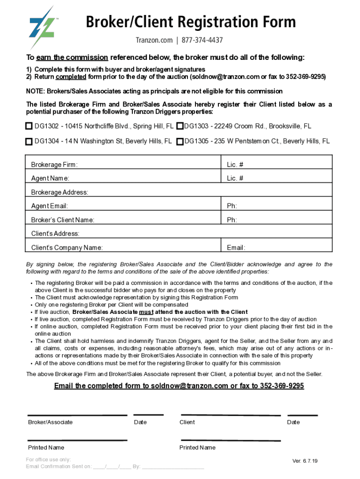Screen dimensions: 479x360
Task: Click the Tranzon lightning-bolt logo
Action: (x=42, y=27)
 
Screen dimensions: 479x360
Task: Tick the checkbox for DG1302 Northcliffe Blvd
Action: (x=29, y=126)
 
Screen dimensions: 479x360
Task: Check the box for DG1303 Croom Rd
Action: (x=180, y=126)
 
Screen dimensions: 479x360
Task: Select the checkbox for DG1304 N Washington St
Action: (x=29, y=141)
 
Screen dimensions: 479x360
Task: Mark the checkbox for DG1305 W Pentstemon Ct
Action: (x=180, y=141)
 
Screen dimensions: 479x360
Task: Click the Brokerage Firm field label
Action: (x=54, y=165)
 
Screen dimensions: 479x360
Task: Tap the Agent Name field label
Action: (x=50, y=178)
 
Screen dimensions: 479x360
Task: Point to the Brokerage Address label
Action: (x=59, y=192)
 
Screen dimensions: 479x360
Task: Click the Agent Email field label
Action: (x=50, y=206)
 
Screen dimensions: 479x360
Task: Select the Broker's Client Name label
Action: (x=63, y=220)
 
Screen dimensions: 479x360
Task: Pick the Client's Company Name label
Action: (x=67, y=248)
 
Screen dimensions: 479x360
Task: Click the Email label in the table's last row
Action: (x=236, y=248)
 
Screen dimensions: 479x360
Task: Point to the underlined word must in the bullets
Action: (x=146, y=312)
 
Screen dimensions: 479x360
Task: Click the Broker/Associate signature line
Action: (x=77, y=415)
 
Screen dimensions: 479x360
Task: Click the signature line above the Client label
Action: (x=230, y=415)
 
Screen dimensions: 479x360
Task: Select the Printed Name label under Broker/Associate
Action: (x=46, y=448)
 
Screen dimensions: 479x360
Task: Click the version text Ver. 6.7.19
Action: (x=305, y=461)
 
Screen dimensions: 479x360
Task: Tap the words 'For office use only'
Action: (x=49, y=459)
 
